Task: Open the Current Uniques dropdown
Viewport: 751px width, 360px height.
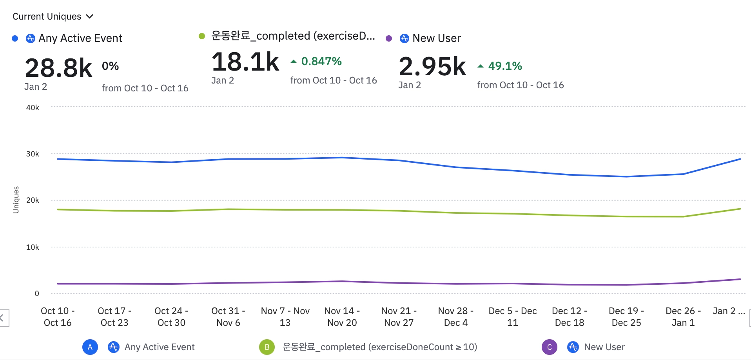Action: pyautogui.click(x=53, y=16)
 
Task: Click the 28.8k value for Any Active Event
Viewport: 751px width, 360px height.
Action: pyautogui.click(x=58, y=68)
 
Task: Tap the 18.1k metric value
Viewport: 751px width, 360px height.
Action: pyautogui.click(x=245, y=62)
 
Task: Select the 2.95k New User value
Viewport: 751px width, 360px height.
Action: pyautogui.click(x=432, y=66)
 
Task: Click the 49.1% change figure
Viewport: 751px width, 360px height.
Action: pyautogui.click(x=504, y=66)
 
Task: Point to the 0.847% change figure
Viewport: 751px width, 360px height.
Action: pyautogui.click(x=321, y=61)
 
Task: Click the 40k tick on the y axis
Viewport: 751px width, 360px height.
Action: pyautogui.click(x=33, y=107)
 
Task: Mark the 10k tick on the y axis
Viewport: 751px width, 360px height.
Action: pyautogui.click(x=33, y=247)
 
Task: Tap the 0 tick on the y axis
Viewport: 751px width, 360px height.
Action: pyautogui.click(x=37, y=293)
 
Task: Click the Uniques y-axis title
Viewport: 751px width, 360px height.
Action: pyautogui.click(x=16, y=200)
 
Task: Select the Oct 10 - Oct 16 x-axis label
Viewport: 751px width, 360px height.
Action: pyautogui.click(x=58, y=316)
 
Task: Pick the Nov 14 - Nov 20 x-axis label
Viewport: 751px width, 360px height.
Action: pyautogui.click(x=342, y=316)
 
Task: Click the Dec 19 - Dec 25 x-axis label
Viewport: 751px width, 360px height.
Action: pyautogui.click(x=626, y=316)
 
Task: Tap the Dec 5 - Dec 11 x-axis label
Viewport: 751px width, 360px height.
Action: pyautogui.click(x=512, y=316)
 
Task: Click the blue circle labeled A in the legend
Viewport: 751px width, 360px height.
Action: pyautogui.click(x=90, y=347)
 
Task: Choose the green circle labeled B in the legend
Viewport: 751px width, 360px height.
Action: pyautogui.click(x=267, y=347)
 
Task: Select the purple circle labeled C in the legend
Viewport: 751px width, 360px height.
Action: pyautogui.click(x=549, y=347)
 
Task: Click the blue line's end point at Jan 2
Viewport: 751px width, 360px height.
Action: pyautogui.click(x=740, y=159)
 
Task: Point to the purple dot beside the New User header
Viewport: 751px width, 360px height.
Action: pyautogui.click(x=389, y=38)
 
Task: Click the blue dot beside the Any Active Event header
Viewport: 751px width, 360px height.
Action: pyautogui.click(x=15, y=38)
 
